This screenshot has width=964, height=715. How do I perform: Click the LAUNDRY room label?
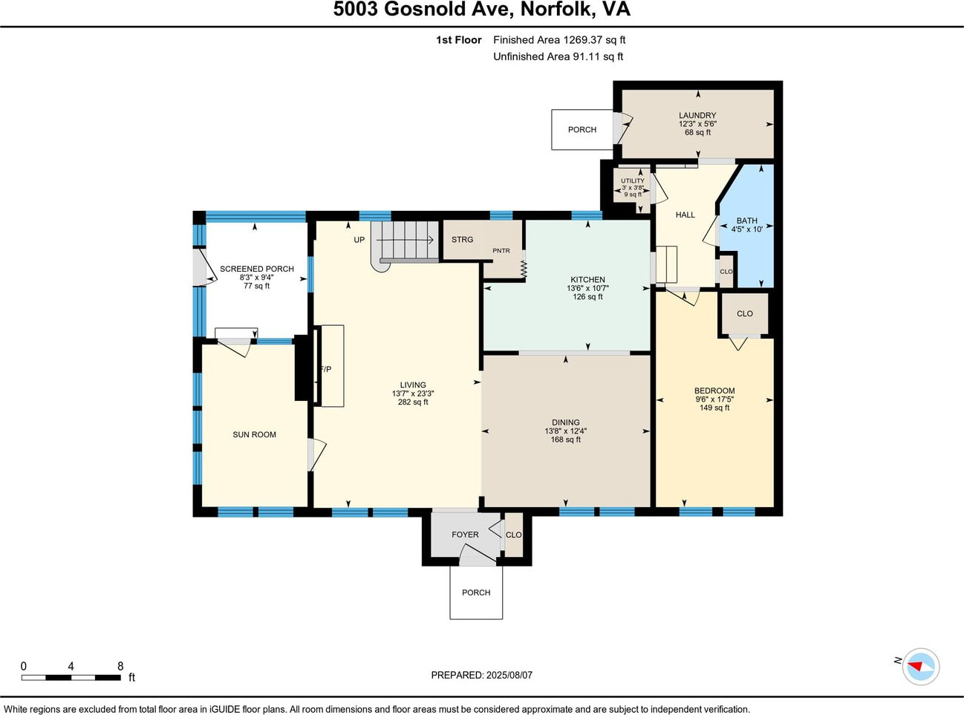pos(697,115)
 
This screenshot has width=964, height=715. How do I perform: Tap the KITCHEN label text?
pos(587,279)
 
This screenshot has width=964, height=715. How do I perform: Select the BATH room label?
pos(746,221)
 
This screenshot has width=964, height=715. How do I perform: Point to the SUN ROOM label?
pos(254,434)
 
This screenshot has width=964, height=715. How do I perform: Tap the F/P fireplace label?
pos(326,369)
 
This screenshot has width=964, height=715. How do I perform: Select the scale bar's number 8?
pos(120,666)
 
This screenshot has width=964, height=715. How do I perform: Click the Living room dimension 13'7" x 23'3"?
pos(413,394)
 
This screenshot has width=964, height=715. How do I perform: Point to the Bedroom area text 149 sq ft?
pos(714,408)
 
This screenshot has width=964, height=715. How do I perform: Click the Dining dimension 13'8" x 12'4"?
pos(565,431)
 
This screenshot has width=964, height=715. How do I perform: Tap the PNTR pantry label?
pos(501,251)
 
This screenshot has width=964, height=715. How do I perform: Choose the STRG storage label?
pos(462,240)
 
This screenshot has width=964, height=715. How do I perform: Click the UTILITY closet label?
pos(632,181)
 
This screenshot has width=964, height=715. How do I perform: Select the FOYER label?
pos(465,535)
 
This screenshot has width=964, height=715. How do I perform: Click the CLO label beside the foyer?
pos(513,535)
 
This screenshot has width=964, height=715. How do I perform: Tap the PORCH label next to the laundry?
pos(582,129)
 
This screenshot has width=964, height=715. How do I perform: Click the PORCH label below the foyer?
pos(476,592)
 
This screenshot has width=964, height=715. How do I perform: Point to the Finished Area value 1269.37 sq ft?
pos(594,40)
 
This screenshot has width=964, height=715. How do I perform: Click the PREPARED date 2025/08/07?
pos(509,675)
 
